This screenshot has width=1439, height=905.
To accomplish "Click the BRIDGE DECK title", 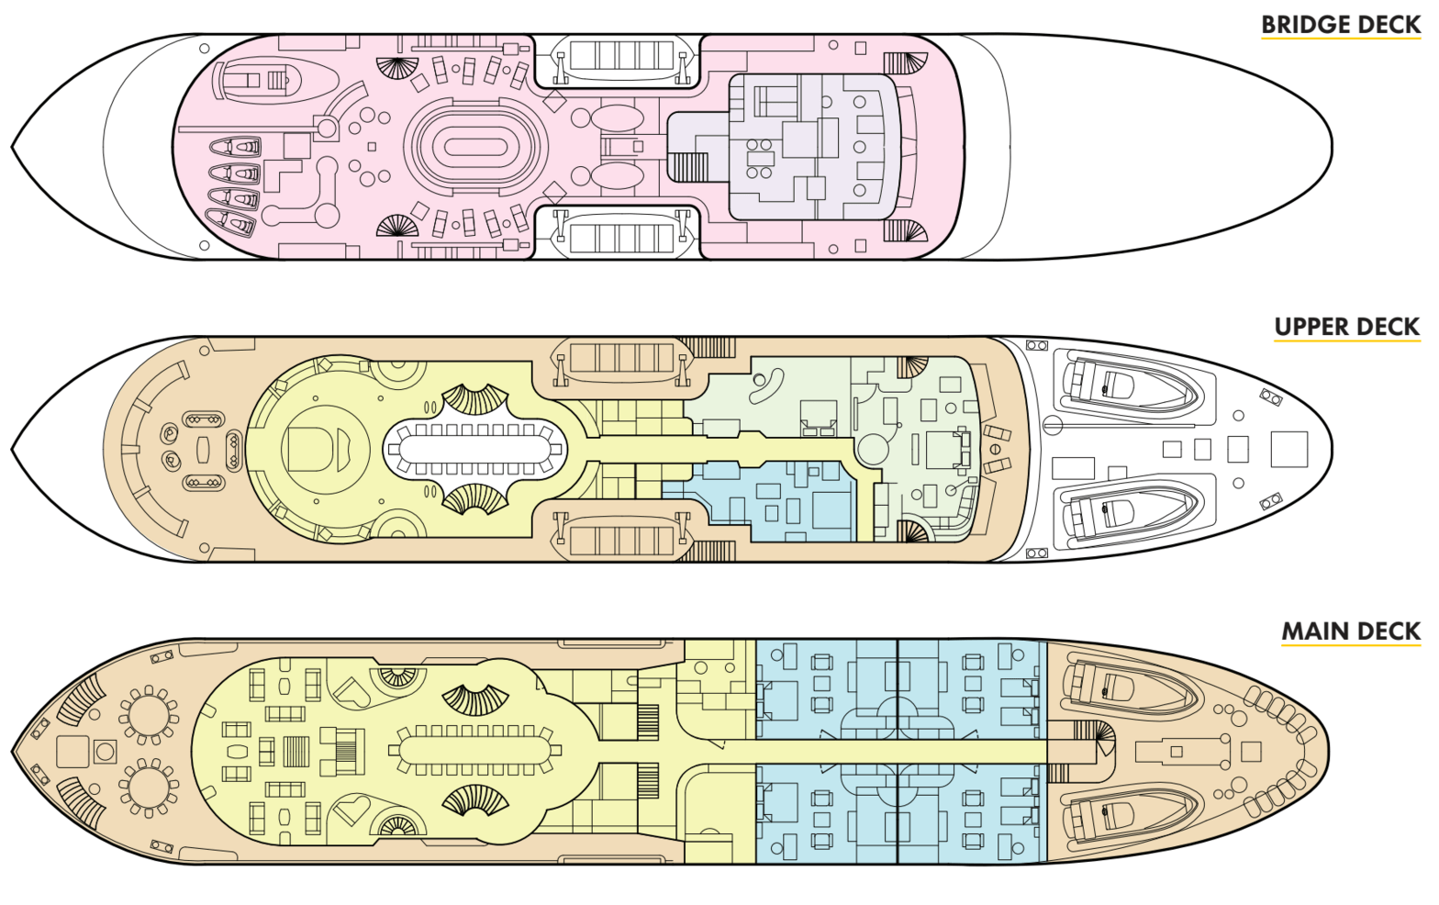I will click(x=1340, y=25).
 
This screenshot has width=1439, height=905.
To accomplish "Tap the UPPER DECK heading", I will click(x=1346, y=327).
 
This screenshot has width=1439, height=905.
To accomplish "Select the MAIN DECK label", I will click(x=1350, y=631).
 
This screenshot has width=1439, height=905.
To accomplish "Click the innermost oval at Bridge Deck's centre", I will click(x=475, y=147).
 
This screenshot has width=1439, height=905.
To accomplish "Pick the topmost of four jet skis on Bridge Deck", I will click(x=236, y=147).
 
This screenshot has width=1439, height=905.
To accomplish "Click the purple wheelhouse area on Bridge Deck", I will click(x=808, y=147).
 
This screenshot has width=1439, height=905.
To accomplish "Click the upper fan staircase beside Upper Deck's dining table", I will click(x=475, y=401).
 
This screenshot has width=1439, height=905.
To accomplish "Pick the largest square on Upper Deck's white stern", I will click(x=1288, y=450).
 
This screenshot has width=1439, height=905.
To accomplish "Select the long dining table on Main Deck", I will click(x=474, y=751).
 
